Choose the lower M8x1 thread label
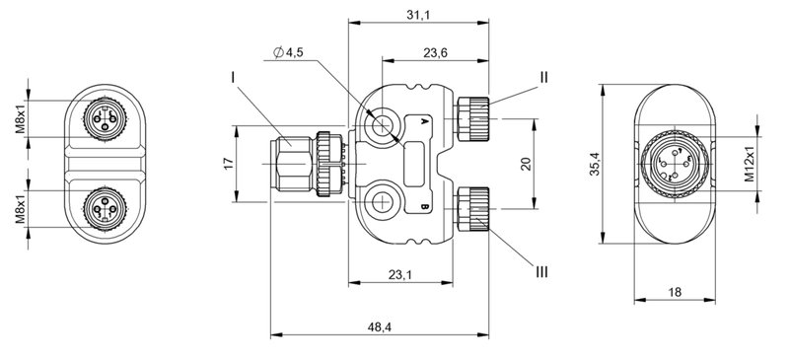[19, 208]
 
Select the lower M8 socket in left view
[101, 208]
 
